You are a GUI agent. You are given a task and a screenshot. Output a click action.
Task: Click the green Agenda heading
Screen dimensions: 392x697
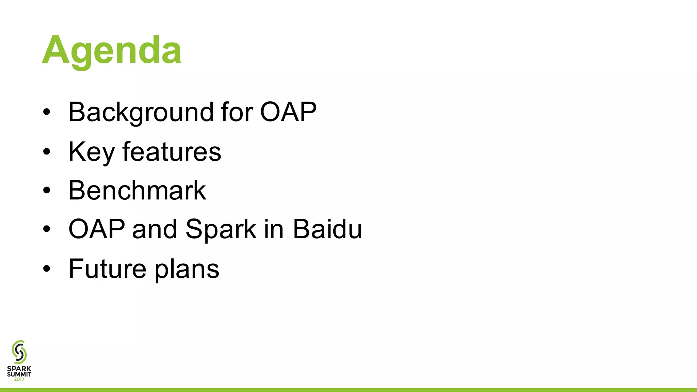point(112,50)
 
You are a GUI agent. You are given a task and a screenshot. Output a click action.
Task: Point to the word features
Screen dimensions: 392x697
point(172,151)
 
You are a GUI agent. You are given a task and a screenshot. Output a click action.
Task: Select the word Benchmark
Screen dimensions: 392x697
point(137,191)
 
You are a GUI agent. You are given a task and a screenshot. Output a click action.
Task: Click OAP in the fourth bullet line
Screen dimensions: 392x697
point(97,229)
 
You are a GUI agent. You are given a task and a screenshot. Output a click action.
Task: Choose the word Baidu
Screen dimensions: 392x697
point(327,229)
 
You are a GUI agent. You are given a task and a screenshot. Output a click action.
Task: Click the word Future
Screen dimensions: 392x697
point(107,269)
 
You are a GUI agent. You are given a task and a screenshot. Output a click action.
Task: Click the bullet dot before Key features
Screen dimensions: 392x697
point(47,152)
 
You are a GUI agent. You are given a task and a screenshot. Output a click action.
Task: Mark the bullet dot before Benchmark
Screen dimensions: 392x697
point(47,191)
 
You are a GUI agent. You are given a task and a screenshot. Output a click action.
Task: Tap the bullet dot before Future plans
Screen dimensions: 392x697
point(47,269)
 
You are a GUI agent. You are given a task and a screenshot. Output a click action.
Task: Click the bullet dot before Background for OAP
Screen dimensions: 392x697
point(47,112)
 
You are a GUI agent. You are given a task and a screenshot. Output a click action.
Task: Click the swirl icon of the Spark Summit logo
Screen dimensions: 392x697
point(19,352)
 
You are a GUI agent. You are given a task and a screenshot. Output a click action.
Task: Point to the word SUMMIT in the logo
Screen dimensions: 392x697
point(19,374)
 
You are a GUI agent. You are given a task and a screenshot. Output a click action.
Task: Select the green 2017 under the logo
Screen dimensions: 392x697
point(19,379)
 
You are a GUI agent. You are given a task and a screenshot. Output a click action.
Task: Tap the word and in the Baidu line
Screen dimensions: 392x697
point(155,229)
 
